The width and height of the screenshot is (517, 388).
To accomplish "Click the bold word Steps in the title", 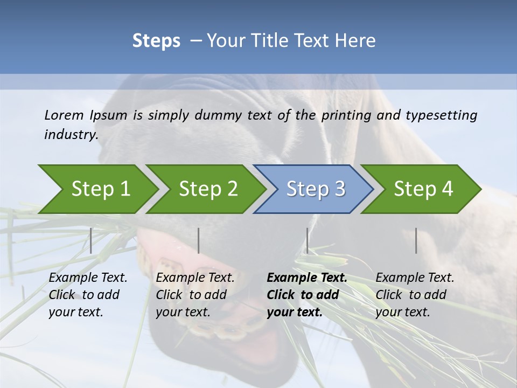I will (156, 40).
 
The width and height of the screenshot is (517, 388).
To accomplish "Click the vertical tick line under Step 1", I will (91, 240).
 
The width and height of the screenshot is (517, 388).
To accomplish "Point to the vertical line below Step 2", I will (199, 240).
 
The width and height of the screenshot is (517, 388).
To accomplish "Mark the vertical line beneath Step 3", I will (308, 240).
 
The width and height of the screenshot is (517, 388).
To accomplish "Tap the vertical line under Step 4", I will (416, 240).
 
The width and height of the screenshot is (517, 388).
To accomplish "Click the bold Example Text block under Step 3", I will (307, 295).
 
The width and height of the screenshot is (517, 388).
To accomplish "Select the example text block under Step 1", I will (88, 295).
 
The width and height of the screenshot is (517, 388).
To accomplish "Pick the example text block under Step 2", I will (195, 295).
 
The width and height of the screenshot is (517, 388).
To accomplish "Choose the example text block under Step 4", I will (415, 295).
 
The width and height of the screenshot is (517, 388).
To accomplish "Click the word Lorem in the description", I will (64, 115).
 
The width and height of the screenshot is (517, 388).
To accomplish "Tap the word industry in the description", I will (71, 134).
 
